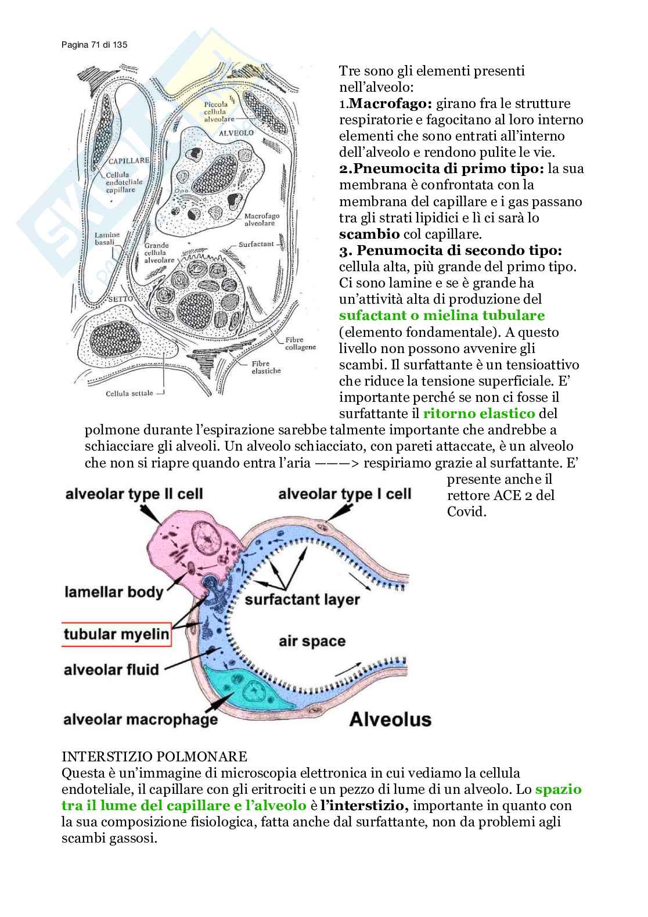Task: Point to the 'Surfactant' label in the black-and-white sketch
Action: click(256, 244)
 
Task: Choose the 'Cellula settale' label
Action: click(129, 393)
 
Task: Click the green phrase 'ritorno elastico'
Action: click(479, 414)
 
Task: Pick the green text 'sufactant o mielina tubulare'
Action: click(442, 316)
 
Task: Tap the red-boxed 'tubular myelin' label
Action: click(116, 634)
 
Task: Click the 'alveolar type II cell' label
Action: click(134, 494)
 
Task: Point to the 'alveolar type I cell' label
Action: click(345, 494)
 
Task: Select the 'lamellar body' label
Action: click(114, 592)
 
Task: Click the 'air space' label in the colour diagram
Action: click(312, 641)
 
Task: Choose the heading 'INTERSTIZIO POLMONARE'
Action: click(154, 757)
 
